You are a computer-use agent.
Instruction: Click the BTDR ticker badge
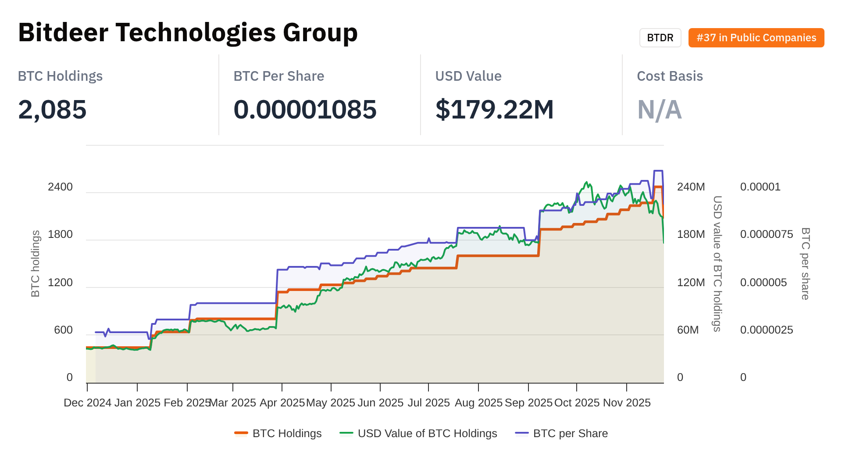[x=660, y=38]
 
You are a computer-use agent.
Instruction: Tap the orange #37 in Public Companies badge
[x=756, y=38]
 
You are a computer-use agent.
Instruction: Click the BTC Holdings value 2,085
[x=52, y=109]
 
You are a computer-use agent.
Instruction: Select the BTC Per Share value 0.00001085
[x=305, y=109]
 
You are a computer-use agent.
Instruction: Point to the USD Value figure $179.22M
[x=494, y=109]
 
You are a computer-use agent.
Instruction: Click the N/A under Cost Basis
[x=659, y=109]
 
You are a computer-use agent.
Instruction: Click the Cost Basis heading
[x=670, y=76]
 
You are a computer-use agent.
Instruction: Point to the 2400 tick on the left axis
[x=60, y=187]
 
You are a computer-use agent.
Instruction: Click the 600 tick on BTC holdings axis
[x=63, y=330]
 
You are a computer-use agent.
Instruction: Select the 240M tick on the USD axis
[x=691, y=187]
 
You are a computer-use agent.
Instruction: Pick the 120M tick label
[x=691, y=283]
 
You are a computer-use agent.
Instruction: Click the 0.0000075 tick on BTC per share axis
[x=766, y=234]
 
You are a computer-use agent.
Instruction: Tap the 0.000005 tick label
[x=764, y=283]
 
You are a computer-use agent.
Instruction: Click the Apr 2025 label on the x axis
[x=282, y=403]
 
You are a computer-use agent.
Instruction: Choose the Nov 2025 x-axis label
[x=627, y=403]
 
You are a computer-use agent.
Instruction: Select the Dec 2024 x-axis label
[x=87, y=403]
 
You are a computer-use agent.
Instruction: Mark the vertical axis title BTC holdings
[x=36, y=263]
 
